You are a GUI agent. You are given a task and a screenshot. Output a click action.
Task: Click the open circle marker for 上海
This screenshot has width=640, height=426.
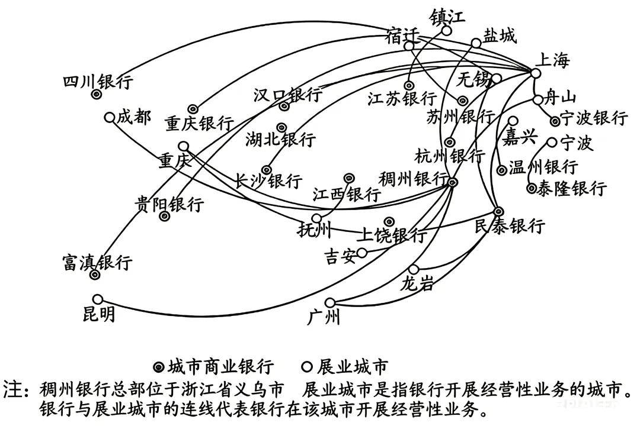pos(535,73)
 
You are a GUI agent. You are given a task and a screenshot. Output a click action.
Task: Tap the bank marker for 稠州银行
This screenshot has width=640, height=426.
pos(452,183)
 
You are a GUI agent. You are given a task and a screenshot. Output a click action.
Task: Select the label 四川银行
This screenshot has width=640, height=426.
pos(98,81)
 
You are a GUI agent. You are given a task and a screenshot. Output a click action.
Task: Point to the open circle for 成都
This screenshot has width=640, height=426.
pos(109,117)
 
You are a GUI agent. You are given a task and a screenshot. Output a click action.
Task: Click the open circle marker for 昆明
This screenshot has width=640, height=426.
pos(98,299)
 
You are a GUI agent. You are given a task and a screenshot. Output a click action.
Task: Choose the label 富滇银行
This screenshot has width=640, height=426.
pos(98,262)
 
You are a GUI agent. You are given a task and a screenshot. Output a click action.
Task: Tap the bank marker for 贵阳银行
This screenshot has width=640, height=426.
pos(165,217)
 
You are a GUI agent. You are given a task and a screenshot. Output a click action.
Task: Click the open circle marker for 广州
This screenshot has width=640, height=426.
pos(330,302)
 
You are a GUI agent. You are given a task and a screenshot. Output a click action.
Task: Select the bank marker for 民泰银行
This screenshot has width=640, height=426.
pos(498,211)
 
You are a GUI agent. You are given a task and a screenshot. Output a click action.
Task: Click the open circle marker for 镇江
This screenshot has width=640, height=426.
pos(447,30)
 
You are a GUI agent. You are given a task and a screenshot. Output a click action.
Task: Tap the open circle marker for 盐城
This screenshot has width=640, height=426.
pos(476,43)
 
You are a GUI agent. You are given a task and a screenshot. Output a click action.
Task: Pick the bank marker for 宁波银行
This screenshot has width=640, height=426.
pos(555,121)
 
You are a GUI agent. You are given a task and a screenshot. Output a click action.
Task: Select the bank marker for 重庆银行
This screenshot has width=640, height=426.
pos(192,109)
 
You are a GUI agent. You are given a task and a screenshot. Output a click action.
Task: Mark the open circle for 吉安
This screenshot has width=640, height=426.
pos(361,253)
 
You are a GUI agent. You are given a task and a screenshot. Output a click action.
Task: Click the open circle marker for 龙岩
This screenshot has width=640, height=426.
pos(414,270)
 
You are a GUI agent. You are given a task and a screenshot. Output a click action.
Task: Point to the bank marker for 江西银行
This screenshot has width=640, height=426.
pos(349,177)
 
